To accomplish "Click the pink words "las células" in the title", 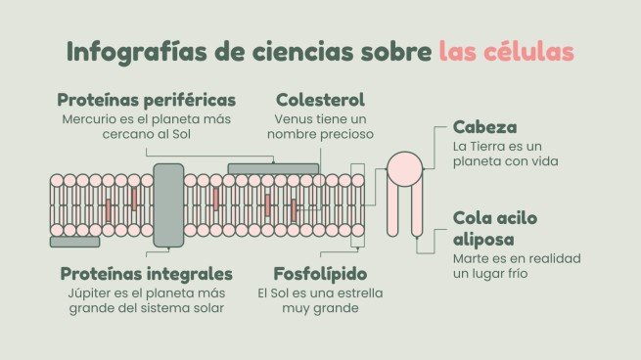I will point(506,52).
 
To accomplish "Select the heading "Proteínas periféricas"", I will point(146,101).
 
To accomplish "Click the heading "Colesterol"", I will point(320,101).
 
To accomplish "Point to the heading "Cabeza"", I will point(484,127).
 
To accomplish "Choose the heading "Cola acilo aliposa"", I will point(495,228).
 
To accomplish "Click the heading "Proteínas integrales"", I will point(146,273).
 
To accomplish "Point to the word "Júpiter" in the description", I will point(87,292).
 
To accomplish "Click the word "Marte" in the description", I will point(472,258).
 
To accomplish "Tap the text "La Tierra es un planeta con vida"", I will point(505,154).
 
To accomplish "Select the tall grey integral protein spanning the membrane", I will point(168,205).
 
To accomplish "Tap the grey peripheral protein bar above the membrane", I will point(273,168).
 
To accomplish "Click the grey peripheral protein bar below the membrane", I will point(74,241).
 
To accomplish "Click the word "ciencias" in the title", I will point(277,52).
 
